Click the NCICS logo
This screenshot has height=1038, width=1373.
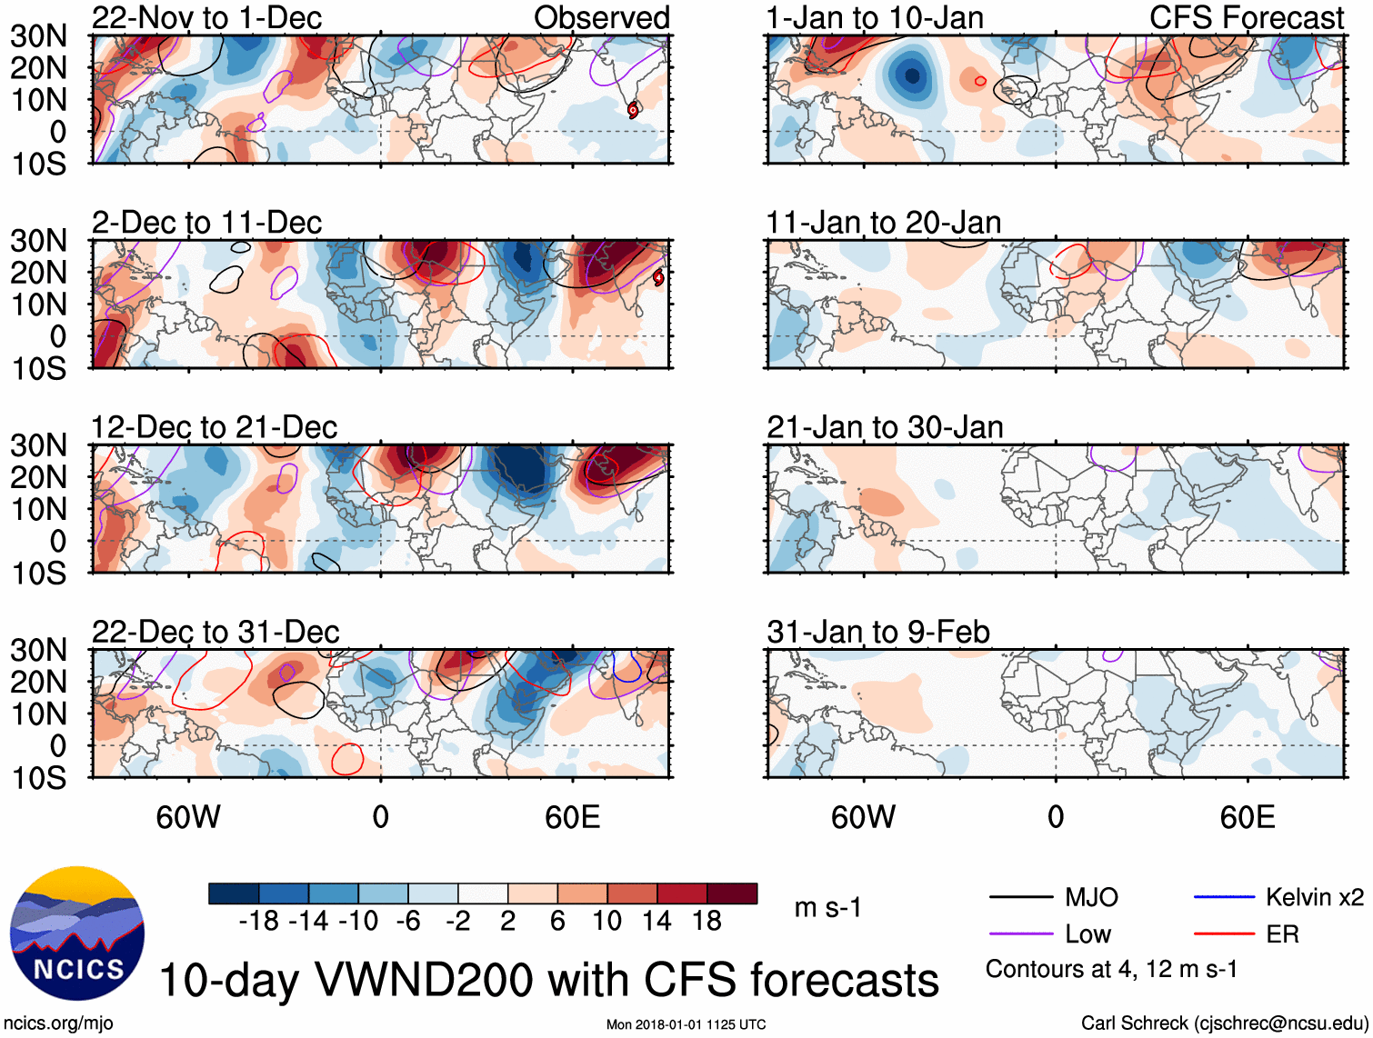click(77, 933)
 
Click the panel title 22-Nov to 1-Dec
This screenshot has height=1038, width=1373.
click(206, 18)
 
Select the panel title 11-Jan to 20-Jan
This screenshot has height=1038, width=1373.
click(883, 223)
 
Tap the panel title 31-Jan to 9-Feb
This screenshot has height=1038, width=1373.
click(877, 632)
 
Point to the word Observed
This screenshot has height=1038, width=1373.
click(601, 18)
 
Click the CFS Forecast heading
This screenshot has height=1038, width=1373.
click(1246, 18)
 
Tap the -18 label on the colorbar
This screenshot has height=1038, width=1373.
click(259, 922)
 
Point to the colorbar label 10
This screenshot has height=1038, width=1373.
click(606, 922)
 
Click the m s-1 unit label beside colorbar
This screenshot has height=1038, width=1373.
click(827, 908)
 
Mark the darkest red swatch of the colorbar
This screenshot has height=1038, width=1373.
click(732, 893)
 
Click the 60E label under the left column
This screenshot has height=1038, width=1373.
click(572, 817)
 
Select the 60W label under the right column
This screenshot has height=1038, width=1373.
click(863, 817)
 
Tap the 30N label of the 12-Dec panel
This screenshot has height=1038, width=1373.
click(39, 445)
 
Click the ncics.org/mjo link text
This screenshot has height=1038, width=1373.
click(58, 1023)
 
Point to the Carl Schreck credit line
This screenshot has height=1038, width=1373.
click(1224, 1023)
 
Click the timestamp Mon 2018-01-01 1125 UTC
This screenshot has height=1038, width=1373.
click(686, 1024)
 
